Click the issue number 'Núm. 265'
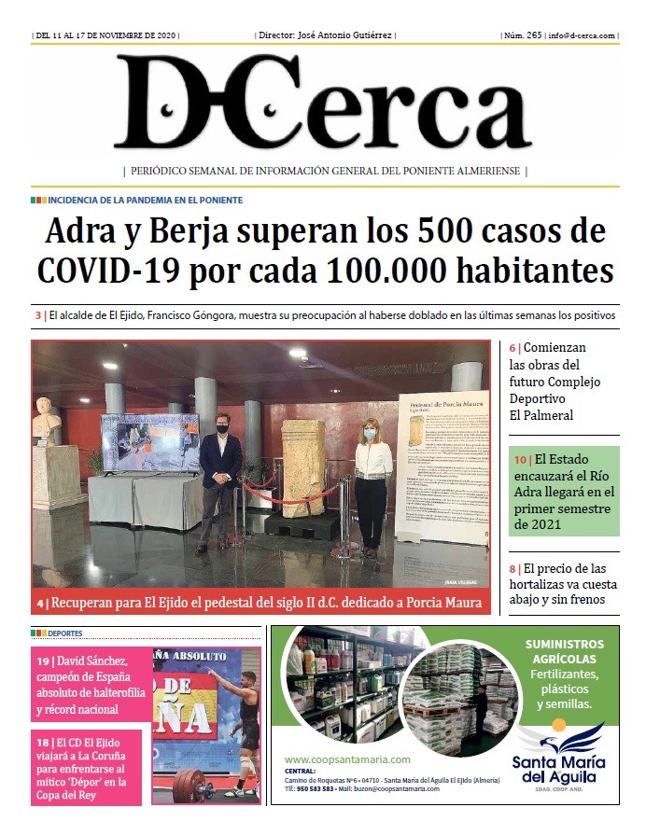(x=521, y=35)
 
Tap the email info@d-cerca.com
(x=582, y=35)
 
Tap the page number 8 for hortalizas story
(x=513, y=569)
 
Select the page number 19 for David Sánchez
(x=43, y=661)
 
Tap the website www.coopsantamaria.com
(x=347, y=759)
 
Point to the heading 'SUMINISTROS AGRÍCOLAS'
(x=564, y=651)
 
